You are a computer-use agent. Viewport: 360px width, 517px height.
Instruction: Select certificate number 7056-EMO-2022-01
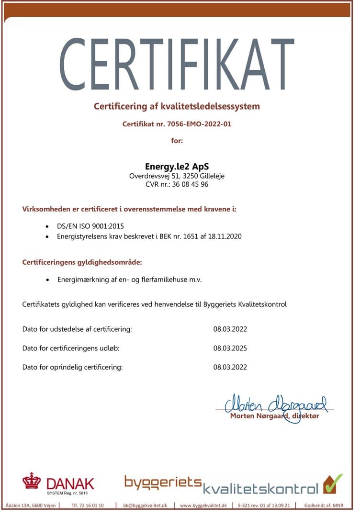point(197,124)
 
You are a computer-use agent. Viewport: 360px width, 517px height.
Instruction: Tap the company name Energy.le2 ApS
point(177,167)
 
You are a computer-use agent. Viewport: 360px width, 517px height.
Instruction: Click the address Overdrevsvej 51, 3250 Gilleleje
point(177,176)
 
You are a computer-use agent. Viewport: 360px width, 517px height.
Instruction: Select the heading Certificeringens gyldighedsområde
point(82,262)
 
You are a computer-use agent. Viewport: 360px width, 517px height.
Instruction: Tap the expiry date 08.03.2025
point(230,348)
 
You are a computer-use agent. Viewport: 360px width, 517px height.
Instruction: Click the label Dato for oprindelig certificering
point(73,367)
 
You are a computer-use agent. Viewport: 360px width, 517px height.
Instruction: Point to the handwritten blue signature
point(275,404)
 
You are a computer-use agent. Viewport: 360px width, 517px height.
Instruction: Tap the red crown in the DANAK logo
point(32,480)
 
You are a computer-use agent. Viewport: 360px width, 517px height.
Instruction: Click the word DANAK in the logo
point(70,483)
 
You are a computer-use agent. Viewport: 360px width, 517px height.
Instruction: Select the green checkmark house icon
point(333,483)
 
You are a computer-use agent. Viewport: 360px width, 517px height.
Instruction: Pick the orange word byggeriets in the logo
point(163,481)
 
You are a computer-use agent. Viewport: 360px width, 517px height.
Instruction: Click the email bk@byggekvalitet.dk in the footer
point(145,506)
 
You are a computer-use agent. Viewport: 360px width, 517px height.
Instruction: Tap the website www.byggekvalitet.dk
point(206,506)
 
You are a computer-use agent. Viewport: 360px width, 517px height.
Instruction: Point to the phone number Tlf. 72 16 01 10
point(88,506)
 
